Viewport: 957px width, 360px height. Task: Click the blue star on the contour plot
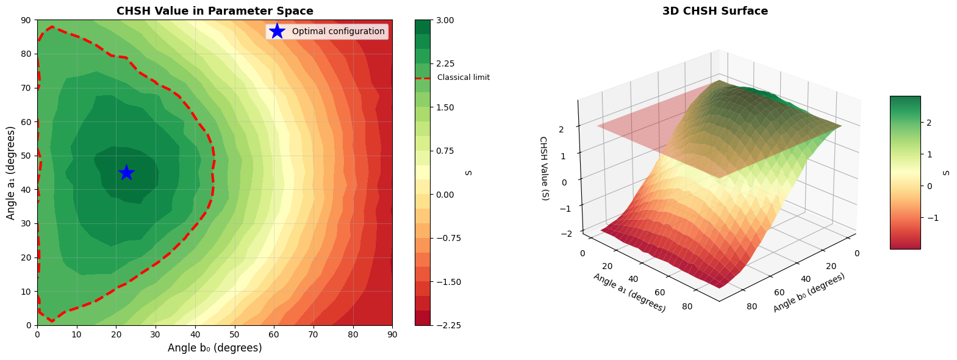coord(126,173)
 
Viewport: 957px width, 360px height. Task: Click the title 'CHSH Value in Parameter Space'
coord(215,11)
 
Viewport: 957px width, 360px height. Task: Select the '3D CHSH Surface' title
coord(715,11)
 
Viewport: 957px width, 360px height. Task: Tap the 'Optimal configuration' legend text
coord(338,31)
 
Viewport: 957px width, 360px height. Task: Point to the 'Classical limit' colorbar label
coord(463,77)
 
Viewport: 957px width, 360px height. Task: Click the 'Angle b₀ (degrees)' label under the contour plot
coord(215,348)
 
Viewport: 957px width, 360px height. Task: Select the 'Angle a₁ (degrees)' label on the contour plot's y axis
coord(11,173)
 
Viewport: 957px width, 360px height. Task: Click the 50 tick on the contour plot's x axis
coord(234,334)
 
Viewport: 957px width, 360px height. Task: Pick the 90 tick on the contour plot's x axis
coord(392,334)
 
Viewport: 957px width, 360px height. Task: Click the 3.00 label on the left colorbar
coord(446,20)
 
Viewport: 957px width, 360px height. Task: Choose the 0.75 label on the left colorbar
coord(446,151)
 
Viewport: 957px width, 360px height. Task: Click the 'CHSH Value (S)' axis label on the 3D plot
coord(544,168)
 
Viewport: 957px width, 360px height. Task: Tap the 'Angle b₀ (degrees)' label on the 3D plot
coord(809,293)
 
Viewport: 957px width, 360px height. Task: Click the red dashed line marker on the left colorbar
coord(422,78)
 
